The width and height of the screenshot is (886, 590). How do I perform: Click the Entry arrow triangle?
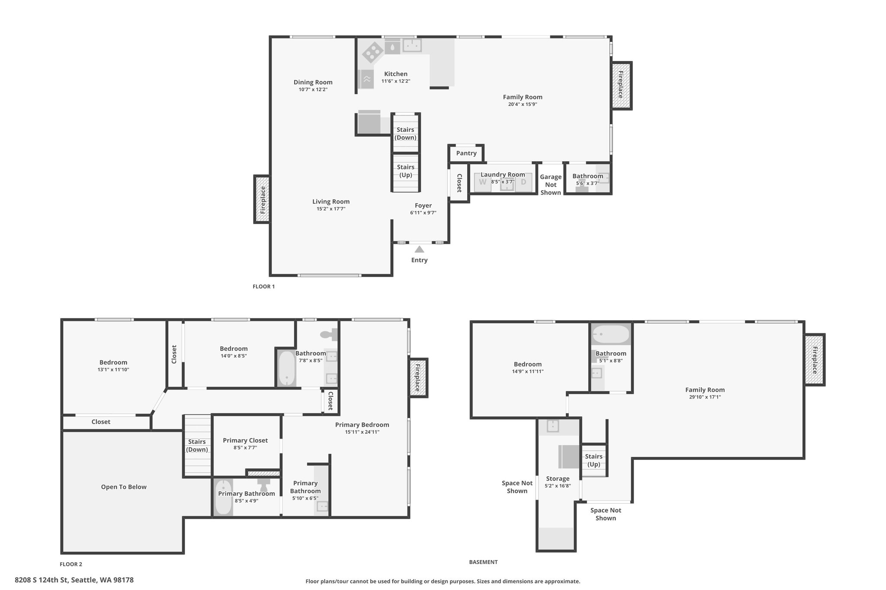[x=419, y=249]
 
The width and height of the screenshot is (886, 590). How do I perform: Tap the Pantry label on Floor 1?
[x=466, y=153]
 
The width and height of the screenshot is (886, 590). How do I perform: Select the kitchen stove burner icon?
[x=372, y=53]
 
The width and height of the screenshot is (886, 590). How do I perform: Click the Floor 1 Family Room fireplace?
[x=621, y=85]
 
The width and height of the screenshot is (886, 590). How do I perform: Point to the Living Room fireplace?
[x=262, y=199]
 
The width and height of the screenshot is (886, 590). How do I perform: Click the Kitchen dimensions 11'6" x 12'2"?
[x=396, y=81]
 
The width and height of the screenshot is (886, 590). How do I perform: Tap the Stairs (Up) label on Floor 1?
[x=406, y=171]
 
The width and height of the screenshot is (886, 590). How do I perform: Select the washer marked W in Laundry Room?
[x=483, y=182]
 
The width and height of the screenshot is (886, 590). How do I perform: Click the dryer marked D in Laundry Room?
[x=523, y=182]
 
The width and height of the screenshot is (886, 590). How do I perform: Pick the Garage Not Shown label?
[x=551, y=185]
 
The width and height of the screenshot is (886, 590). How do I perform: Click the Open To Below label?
[x=124, y=487]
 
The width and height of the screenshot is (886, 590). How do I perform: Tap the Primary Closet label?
[x=245, y=440]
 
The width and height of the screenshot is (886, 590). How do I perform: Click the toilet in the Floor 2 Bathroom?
[x=329, y=334]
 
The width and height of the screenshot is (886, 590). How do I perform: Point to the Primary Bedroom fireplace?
[x=418, y=377]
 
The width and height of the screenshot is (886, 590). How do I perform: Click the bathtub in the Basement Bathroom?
[x=611, y=335]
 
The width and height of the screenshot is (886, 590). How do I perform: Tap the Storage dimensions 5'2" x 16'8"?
[x=558, y=486]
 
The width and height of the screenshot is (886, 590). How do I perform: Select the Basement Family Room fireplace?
[x=814, y=360]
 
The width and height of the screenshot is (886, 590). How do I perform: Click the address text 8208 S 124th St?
[x=41, y=580]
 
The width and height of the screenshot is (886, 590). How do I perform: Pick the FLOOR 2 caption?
[x=71, y=564]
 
